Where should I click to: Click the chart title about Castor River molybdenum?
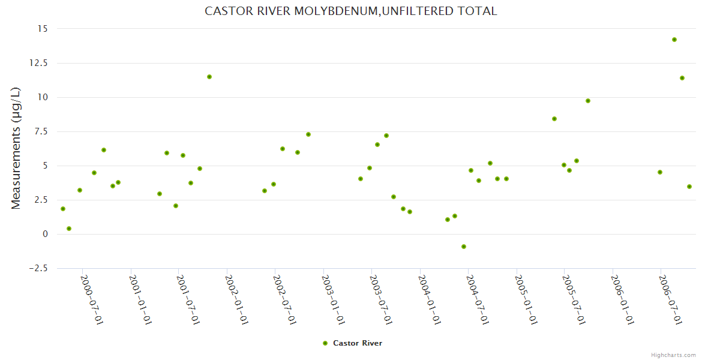tap(350, 11)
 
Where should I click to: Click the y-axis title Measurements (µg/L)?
tap(16, 148)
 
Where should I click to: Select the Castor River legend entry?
tap(352, 343)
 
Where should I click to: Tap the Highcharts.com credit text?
tap(673, 355)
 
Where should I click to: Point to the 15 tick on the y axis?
tap(43, 29)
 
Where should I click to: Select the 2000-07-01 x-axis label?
tap(92, 300)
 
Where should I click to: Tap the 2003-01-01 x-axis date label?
tap(332, 300)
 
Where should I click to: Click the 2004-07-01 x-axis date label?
tap(477, 300)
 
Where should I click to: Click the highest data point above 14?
tap(674, 40)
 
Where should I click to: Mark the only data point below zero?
tap(464, 247)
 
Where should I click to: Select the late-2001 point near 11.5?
tap(209, 77)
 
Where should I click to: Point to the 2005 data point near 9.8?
tap(588, 101)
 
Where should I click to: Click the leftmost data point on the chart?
tap(63, 209)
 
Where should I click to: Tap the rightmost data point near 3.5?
tap(689, 187)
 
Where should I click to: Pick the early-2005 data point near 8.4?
tap(554, 119)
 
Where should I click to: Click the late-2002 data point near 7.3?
tap(308, 134)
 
